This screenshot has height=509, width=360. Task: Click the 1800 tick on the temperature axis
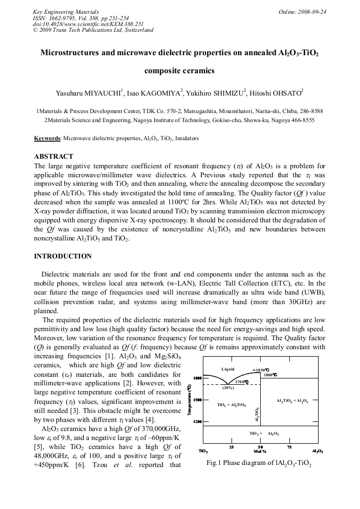point(196,378)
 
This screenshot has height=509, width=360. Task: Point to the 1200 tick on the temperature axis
point(196,422)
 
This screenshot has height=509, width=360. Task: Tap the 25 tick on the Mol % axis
point(232,447)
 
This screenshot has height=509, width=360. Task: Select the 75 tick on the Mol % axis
point(289,447)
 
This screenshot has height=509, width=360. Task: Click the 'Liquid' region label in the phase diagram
point(228,369)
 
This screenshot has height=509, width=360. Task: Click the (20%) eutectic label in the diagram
point(228,387)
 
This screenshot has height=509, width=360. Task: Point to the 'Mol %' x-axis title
point(260,452)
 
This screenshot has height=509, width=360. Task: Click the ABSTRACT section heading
point(54,157)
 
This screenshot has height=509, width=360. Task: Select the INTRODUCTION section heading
point(63,256)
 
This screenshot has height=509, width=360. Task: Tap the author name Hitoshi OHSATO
point(277,93)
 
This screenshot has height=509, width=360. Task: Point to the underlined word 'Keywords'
point(47,138)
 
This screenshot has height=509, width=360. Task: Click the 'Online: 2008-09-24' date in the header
point(302,12)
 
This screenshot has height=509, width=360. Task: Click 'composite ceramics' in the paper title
point(179,70)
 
